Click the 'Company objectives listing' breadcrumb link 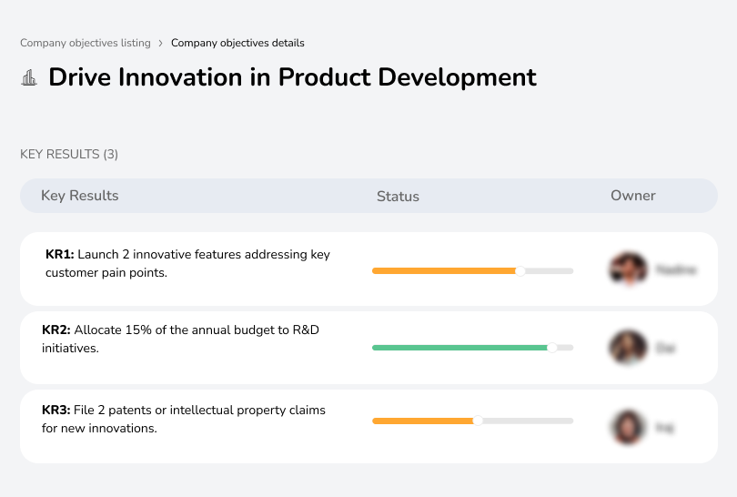pyautogui.click(x=86, y=43)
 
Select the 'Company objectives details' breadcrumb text pyautogui.click(x=237, y=43)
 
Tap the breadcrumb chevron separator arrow pyautogui.click(x=161, y=43)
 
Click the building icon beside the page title pyautogui.click(x=29, y=78)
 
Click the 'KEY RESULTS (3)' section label pyautogui.click(x=69, y=154)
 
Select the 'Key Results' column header pyautogui.click(x=79, y=196)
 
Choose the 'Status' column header pyautogui.click(x=398, y=196)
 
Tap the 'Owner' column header pyautogui.click(x=633, y=196)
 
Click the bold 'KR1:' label pyautogui.click(x=59, y=255)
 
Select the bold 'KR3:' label pyautogui.click(x=56, y=411)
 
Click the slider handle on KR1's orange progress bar pyautogui.click(x=520, y=270)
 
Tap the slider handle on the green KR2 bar pyautogui.click(x=551, y=348)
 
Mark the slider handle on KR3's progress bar pyautogui.click(x=478, y=421)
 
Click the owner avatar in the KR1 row pyautogui.click(x=627, y=269)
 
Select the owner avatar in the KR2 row pyautogui.click(x=627, y=348)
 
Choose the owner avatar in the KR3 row pyautogui.click(x=627, y=426)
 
